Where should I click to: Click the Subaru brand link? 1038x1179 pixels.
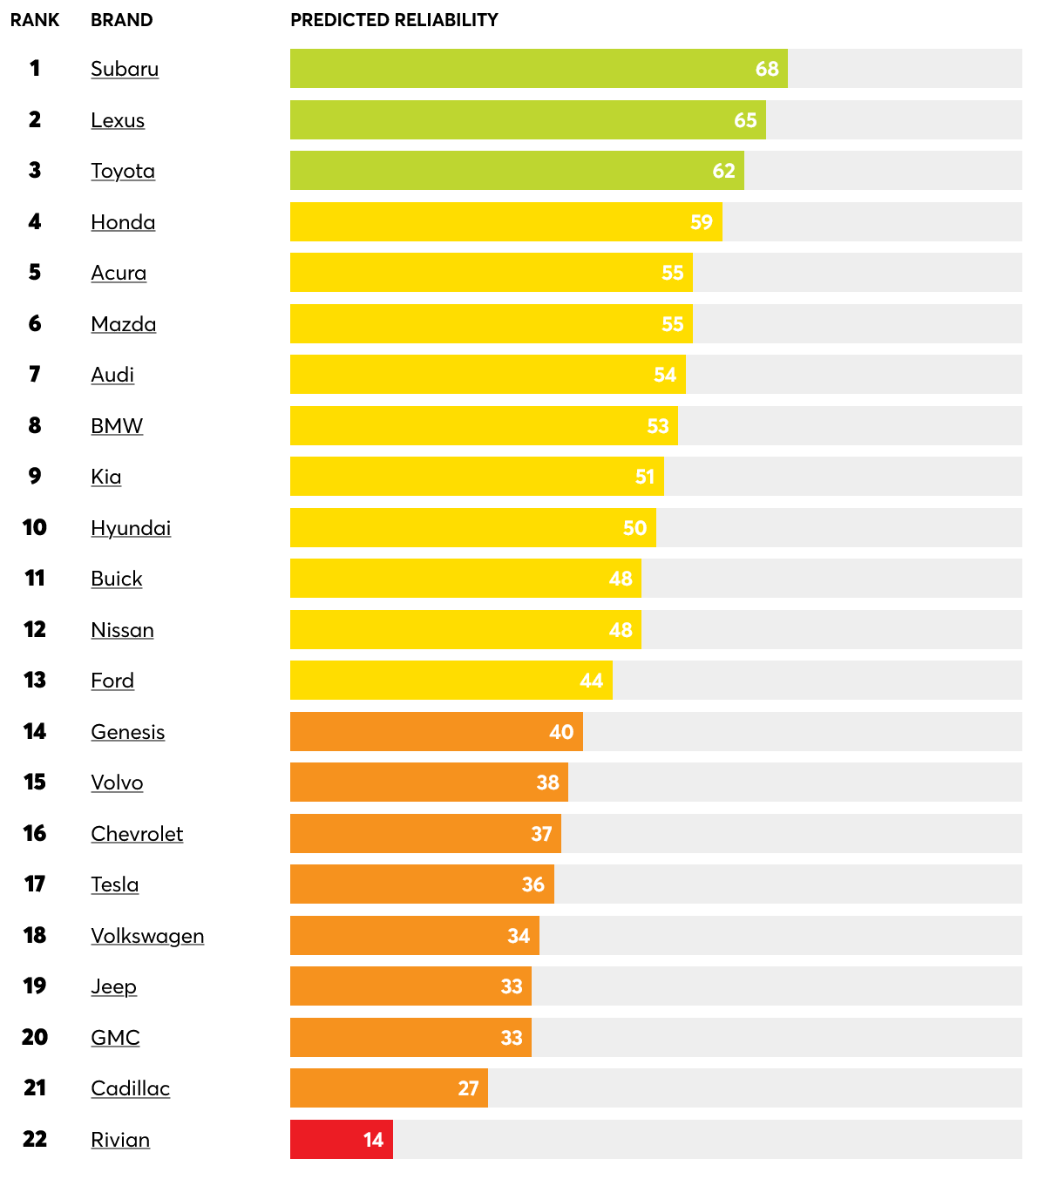(125, 69)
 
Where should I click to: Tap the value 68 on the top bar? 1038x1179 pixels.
(767, 69)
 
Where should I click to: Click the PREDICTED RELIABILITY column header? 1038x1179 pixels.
(394, 20)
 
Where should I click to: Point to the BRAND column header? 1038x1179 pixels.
(121, 20)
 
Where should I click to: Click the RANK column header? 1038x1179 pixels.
(35, 20)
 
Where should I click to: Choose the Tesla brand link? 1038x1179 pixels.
(115, 884)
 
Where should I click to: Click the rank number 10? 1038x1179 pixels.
(35, 527)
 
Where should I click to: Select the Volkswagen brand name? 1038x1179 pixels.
(147, 936)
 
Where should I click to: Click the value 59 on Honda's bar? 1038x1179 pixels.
(702, 222)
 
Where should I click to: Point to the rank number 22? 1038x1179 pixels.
(35, 1139)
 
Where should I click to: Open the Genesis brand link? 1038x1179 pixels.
(128, 732)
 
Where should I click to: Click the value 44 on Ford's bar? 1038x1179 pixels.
(591, 681)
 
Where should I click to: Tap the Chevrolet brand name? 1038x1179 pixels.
(137, 834)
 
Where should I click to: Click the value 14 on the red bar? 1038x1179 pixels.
(373, 1140)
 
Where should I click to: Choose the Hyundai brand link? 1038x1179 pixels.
(131, 528)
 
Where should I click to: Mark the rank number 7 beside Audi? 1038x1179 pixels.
(35, 375)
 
